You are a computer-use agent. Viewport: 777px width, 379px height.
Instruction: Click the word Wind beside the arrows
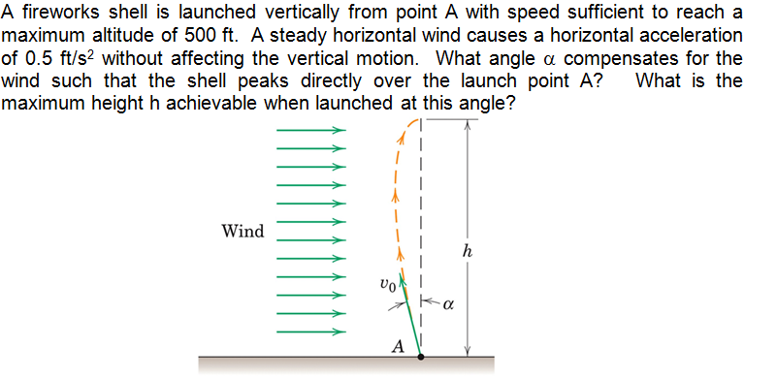point(243,231)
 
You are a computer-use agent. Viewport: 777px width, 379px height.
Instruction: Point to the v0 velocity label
point(387,285)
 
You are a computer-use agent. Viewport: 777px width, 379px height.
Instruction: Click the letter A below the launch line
point(397,344)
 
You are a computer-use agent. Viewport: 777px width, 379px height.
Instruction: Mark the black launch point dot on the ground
point(420,357)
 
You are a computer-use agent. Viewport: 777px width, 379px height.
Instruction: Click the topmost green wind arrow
point(311,129)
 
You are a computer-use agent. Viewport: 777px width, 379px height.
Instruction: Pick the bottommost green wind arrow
point(311,332)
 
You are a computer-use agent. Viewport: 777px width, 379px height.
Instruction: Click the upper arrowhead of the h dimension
point(469,123)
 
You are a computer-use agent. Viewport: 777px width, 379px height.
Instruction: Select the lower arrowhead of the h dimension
point(469,351)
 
